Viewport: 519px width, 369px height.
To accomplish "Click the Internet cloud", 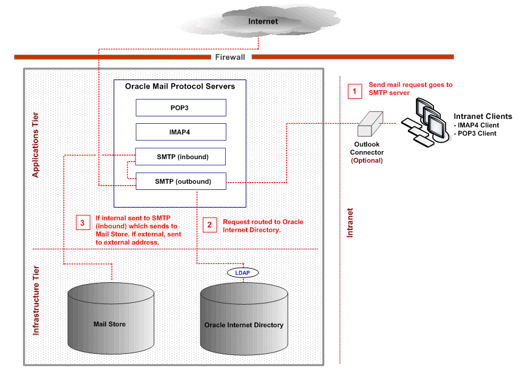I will click(x=262, y=22).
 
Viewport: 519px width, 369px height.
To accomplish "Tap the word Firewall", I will click(x=230, y=57).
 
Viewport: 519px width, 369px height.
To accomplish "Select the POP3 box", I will click(x=181, y=107).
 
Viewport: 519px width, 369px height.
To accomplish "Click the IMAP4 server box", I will click(x=181, y=132).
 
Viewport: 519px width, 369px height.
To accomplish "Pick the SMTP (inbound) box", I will click(x=181, y=157).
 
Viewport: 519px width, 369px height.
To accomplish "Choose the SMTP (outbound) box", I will click(x=181, y=181).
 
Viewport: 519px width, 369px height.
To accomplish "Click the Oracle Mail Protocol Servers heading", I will click(x=180, y=86).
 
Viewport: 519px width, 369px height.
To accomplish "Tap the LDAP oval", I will click(x=243, y=273).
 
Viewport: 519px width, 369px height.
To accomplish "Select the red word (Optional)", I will click(x=367, y=161).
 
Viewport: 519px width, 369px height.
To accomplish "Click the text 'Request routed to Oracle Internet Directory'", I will click(x=263, y=226).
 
